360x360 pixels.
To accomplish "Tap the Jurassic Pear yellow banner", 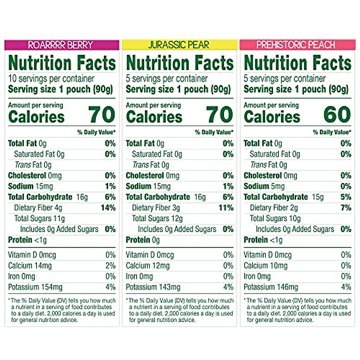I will point(179,45).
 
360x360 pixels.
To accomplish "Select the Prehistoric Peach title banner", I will point(296,45).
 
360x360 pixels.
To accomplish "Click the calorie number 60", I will point(337,115).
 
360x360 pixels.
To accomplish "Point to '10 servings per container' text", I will point(51,79).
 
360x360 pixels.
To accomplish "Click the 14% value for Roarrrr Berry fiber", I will point(108,208).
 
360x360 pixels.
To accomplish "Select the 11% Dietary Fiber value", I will point(226,208).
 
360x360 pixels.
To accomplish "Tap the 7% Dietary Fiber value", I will point(346,208).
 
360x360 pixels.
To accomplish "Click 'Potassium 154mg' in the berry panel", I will point(35,287).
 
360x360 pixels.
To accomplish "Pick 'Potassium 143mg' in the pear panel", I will point(153,287).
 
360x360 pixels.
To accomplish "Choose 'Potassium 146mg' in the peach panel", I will point(271,287).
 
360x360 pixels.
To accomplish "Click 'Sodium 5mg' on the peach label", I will point(264,186).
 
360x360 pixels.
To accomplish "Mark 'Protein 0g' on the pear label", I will point(143,240).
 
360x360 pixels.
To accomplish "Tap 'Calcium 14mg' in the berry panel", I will point(30,266).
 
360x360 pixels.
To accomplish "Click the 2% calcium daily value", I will point(110,266).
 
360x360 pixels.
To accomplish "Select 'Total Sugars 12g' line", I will point(157,218).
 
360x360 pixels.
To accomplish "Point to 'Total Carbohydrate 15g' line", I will point(283,197).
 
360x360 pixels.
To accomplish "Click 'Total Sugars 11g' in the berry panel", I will point(40,218).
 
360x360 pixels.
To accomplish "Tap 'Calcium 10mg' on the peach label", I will point(265,266).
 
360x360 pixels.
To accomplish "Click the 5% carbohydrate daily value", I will point(346,197).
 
